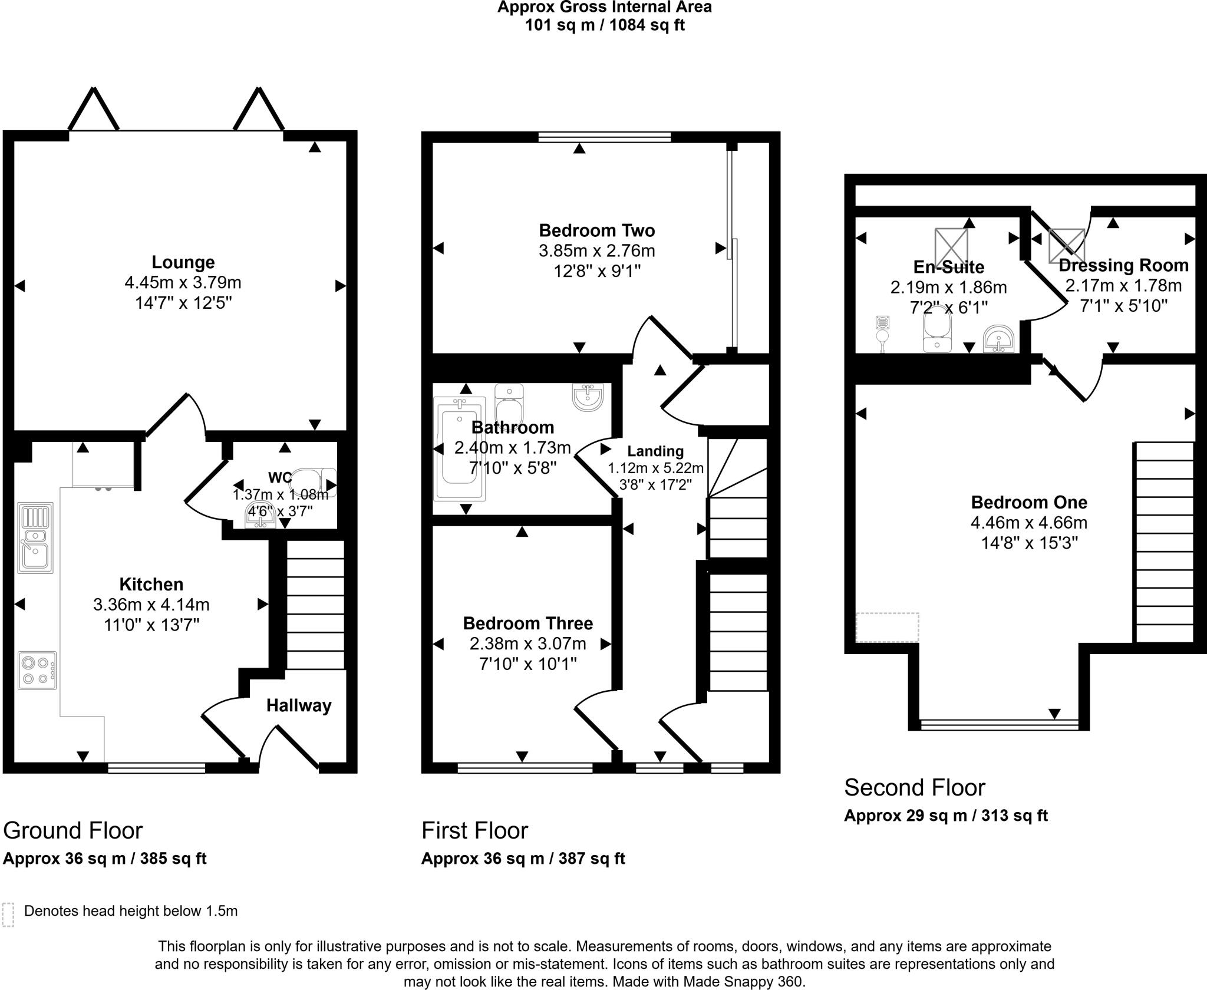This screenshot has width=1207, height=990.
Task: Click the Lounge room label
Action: coord(183,262)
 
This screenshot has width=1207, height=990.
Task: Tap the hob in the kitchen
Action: coord(37,670)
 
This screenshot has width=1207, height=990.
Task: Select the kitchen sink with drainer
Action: coord(35,537)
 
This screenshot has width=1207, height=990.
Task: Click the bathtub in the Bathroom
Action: coord(459,449)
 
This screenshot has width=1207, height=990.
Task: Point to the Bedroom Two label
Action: coord(596,230)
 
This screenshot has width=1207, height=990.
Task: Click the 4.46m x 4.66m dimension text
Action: coord(1028,523)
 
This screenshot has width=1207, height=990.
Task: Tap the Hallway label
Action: coord(298,705)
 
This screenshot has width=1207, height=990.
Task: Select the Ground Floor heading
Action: coord(72,830)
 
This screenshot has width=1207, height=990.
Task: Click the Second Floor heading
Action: coord(914,787)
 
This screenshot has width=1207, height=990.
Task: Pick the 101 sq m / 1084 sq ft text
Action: coord(605,25)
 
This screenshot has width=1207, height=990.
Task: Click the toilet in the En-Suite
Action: coord(937,334)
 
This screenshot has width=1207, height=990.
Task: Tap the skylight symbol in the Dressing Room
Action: coord(1066,245)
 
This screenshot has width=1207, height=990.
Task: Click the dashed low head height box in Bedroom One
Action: coord(887,627)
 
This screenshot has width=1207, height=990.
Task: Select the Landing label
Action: coord(655,451)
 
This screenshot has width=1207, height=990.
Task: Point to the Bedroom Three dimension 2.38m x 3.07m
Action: coord(527,643)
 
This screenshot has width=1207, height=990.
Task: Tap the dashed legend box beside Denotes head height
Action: coord(8,915)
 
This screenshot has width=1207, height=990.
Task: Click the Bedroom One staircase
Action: coord(1164,542)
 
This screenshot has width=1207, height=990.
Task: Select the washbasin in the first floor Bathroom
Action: coord(588,397)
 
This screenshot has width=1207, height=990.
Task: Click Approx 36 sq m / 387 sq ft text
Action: coord(523,859)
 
